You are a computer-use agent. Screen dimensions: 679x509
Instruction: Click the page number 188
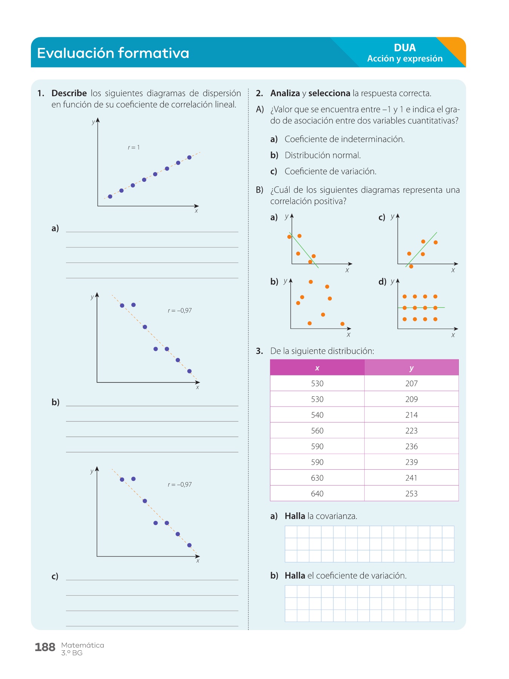tap(45, 647)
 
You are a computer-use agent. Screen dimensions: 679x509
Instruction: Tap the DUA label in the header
tap(405, 48)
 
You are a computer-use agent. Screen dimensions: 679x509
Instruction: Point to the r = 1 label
tap(134, 147)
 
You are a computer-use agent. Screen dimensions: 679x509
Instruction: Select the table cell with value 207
tap(411, 384)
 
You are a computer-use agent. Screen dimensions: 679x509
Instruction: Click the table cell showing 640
tap(317, 494)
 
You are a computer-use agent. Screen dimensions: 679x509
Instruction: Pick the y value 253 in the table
tap(411, 494)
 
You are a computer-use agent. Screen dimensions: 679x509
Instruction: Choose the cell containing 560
tap(317, 431)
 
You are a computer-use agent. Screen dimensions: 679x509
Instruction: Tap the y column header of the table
tap(411, 368)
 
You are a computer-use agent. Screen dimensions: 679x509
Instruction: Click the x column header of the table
tap(317, 368)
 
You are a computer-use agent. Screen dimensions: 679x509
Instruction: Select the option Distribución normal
tap(323, 155)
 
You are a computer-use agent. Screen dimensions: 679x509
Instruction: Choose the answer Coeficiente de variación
tap(330, 172)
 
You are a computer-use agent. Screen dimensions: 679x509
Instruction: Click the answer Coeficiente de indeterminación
tap(344, 139)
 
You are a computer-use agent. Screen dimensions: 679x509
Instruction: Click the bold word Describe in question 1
tap(69, 93)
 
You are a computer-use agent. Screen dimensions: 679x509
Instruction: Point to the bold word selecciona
tap(329, 93)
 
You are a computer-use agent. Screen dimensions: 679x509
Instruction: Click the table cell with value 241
tap(411, 478)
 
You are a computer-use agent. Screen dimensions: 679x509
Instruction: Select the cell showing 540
tap(317, 415)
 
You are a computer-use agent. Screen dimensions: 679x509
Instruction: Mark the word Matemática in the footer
tap(83, 645)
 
